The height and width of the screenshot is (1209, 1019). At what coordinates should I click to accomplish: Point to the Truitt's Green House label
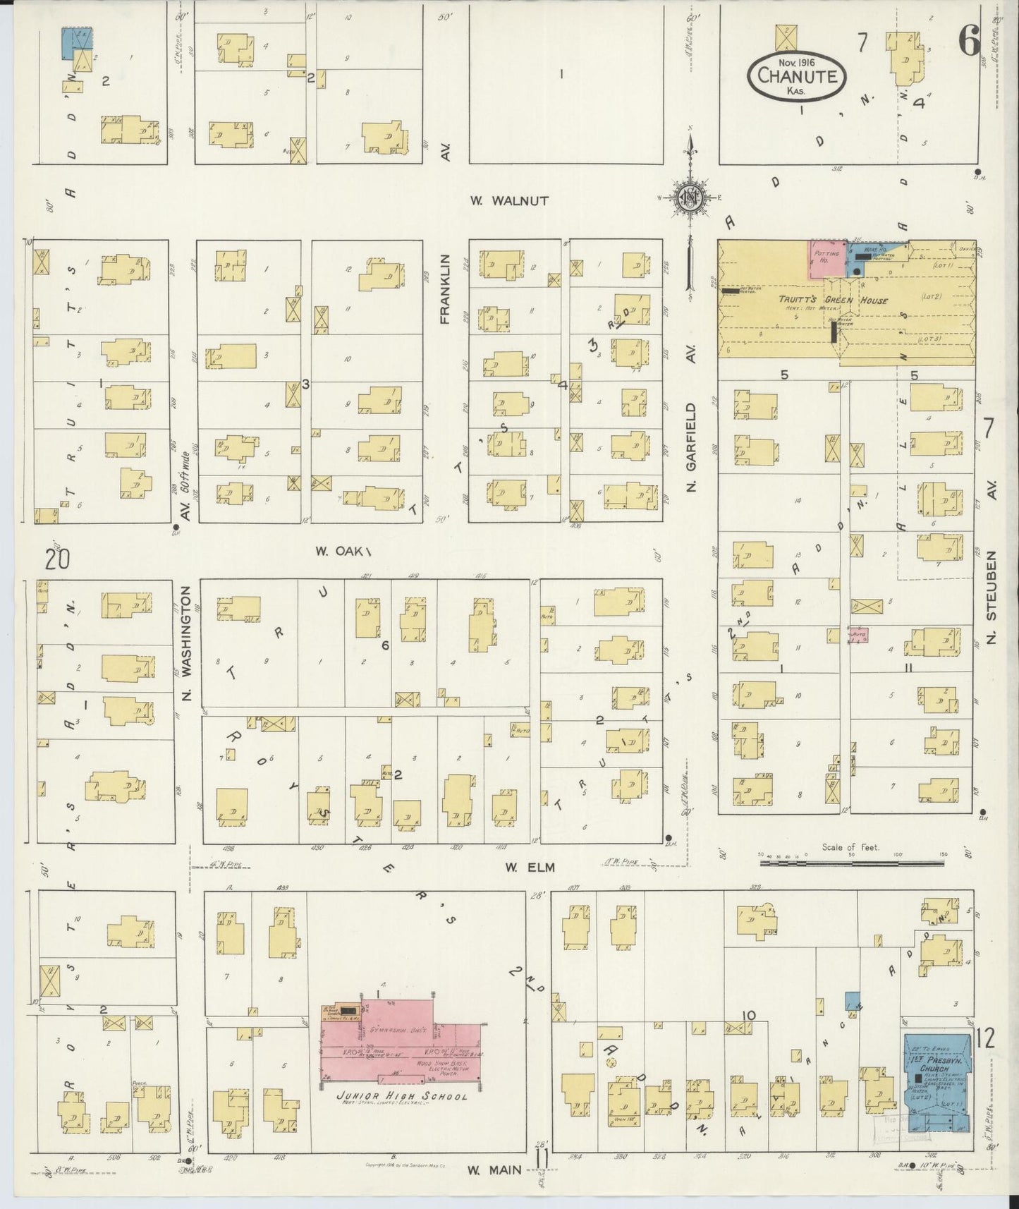pyautogui.click(x=833, y=300)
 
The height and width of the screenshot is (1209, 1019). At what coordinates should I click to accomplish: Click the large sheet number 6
pyautogui.click(x=969, y=42)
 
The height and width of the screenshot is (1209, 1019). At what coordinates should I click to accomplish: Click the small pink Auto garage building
pyautogui.click(x=858, y=634)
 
